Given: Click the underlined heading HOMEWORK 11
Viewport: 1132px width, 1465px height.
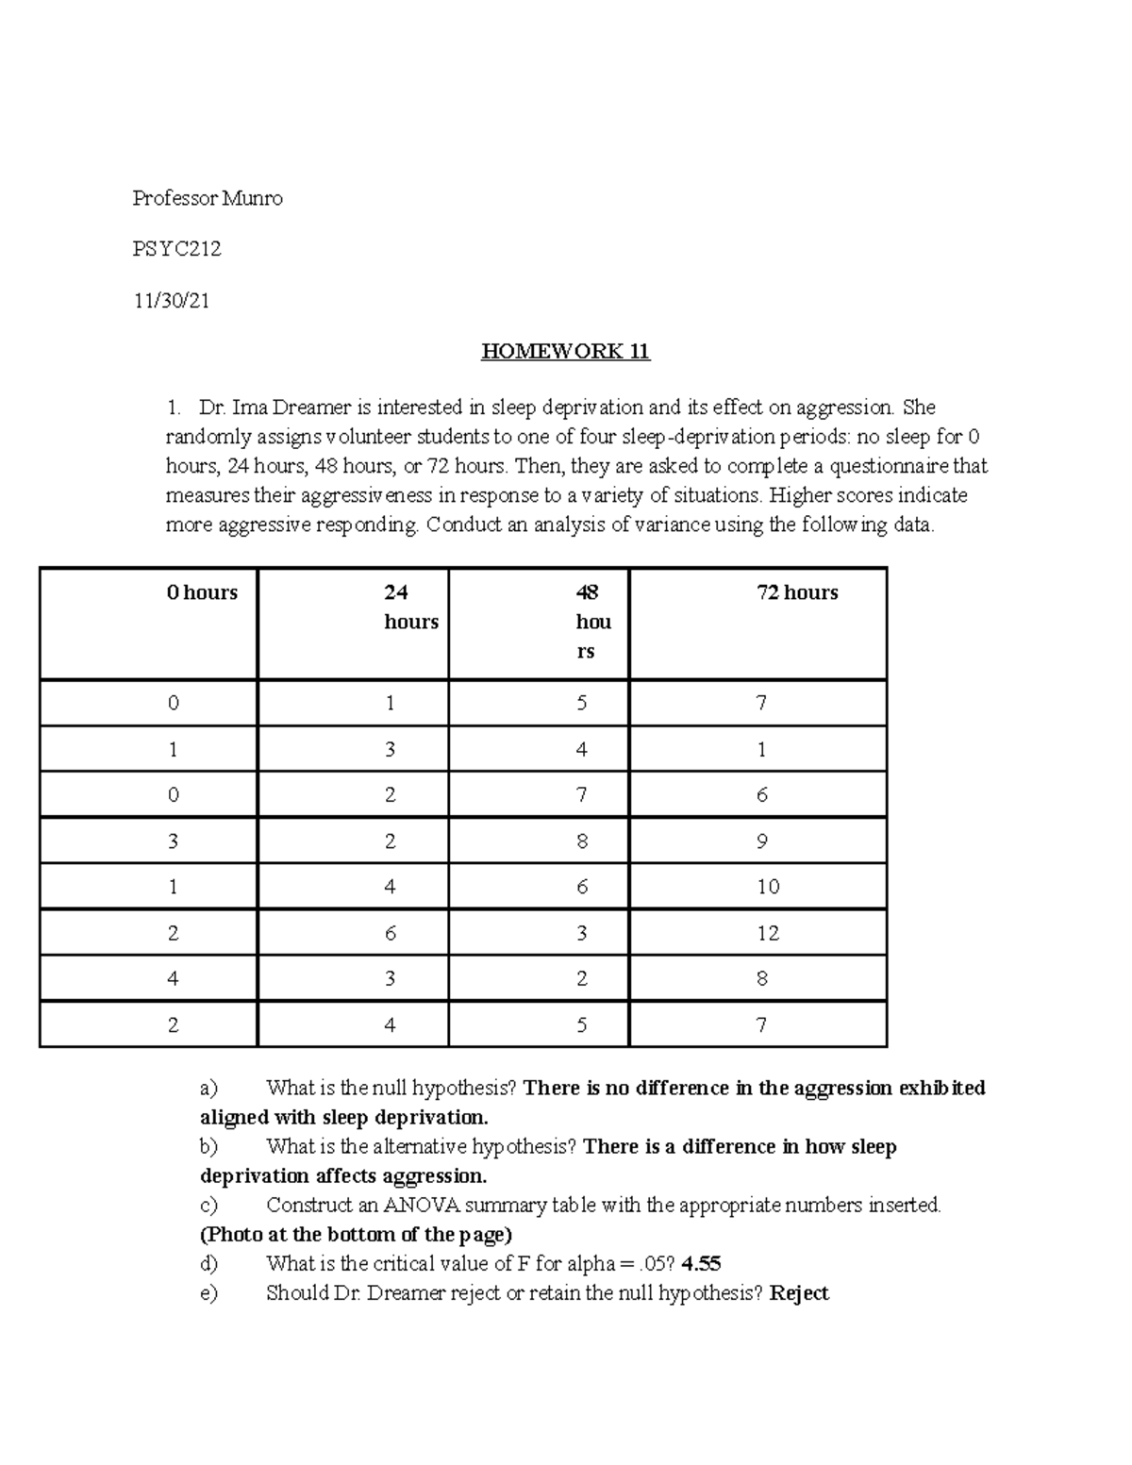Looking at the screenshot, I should tap(565, 352).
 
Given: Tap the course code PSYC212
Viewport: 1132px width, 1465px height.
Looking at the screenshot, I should tap(176, 249).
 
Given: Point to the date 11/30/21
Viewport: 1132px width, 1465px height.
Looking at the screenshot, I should tap(171, 301).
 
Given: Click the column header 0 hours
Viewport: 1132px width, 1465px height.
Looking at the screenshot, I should tap(202, 592).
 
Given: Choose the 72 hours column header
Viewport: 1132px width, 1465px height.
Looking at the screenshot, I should tap(797, 592).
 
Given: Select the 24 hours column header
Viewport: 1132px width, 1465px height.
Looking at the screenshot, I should tap(410, 607).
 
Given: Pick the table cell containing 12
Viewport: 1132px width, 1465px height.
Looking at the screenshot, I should tap(768, 933).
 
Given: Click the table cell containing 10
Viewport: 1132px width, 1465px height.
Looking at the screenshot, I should tap(768, 887).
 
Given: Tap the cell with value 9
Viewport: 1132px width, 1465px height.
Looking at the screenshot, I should tap(761, 841).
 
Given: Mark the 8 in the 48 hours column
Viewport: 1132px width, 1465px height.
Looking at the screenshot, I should tap(581, 841).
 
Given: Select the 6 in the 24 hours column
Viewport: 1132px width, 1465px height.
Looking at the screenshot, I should tap(390, 933).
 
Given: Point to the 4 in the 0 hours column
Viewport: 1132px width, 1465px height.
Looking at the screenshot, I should tap(173, 979).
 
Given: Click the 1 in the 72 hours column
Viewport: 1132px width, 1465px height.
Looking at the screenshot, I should tap(761, 750).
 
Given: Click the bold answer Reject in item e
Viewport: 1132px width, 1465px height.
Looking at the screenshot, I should tap(799, 1293).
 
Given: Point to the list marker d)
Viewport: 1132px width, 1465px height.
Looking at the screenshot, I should tap(208, 1264).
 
